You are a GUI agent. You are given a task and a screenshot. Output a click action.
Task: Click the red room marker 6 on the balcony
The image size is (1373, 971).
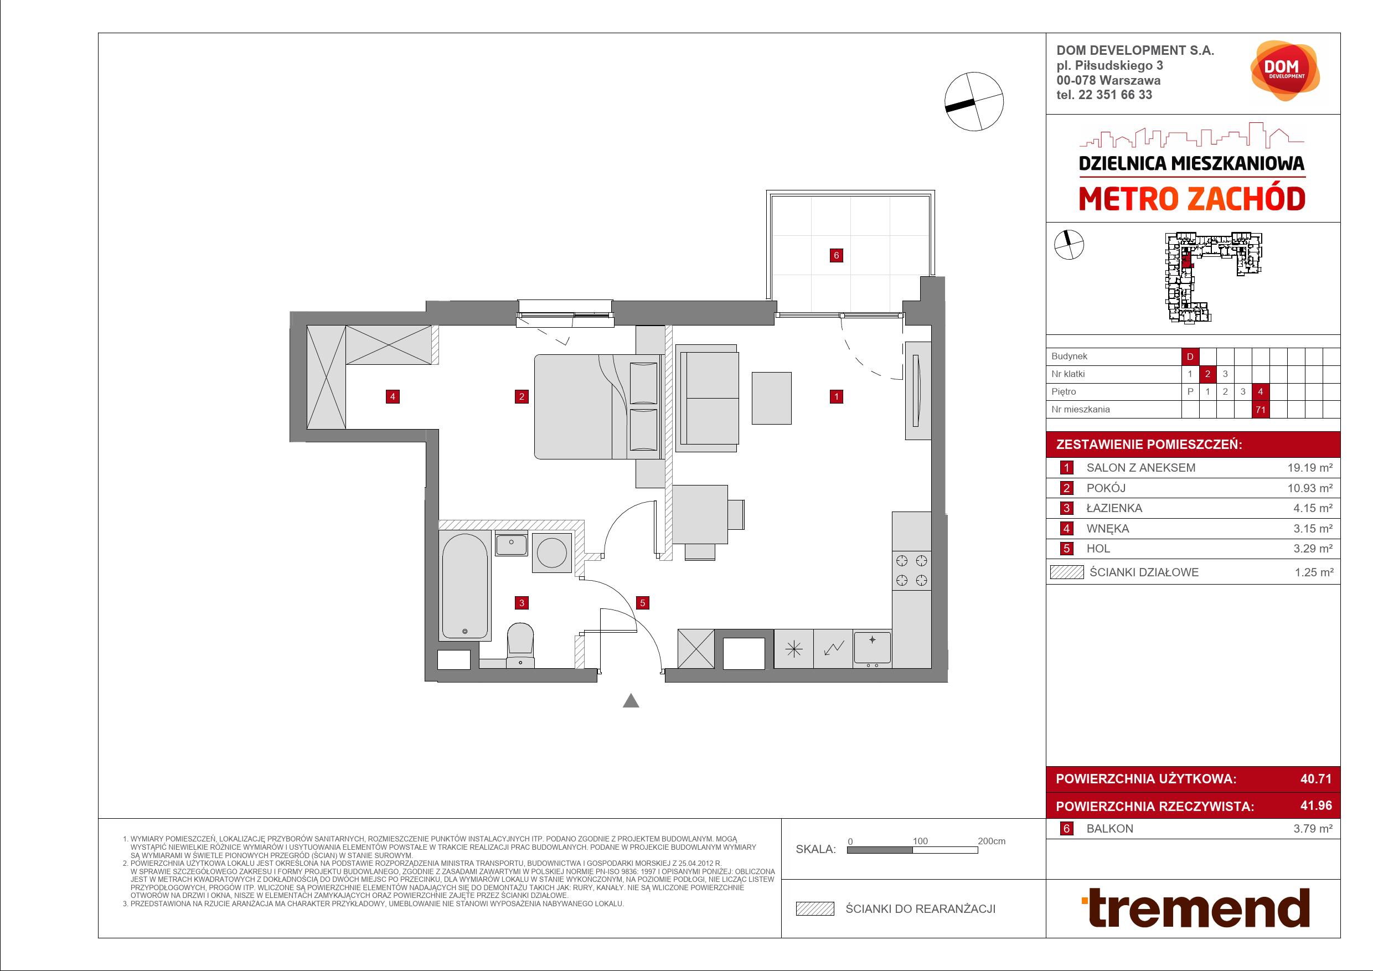836,255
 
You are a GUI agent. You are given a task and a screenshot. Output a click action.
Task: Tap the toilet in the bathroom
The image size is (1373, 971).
520,645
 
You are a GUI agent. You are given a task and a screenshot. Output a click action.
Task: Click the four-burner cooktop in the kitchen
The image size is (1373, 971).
912,570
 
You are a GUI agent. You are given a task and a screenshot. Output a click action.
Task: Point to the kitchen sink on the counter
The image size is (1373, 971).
872,649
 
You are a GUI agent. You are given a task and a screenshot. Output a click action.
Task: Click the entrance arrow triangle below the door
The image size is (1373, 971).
631,701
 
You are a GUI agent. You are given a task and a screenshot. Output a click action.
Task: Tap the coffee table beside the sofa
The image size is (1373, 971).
771,398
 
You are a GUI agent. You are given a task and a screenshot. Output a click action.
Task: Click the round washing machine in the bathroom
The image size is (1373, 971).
552,552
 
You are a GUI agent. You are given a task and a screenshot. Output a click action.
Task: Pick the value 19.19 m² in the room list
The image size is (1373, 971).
1310,468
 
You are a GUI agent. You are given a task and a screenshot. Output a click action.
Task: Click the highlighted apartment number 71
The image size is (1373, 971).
1261,410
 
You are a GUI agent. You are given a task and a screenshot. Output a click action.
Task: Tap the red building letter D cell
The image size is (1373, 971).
1190,357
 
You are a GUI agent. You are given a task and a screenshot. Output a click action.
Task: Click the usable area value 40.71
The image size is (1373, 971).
1315,778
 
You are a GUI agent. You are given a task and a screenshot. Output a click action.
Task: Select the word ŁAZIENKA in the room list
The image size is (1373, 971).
1114,508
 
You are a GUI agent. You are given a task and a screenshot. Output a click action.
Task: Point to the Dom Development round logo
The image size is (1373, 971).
1285,71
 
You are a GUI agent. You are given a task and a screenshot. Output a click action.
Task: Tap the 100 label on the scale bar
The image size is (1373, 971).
920,841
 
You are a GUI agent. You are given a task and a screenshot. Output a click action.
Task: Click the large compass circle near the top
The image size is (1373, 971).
973,101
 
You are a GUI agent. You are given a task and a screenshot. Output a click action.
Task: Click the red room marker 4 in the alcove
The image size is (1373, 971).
393,396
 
